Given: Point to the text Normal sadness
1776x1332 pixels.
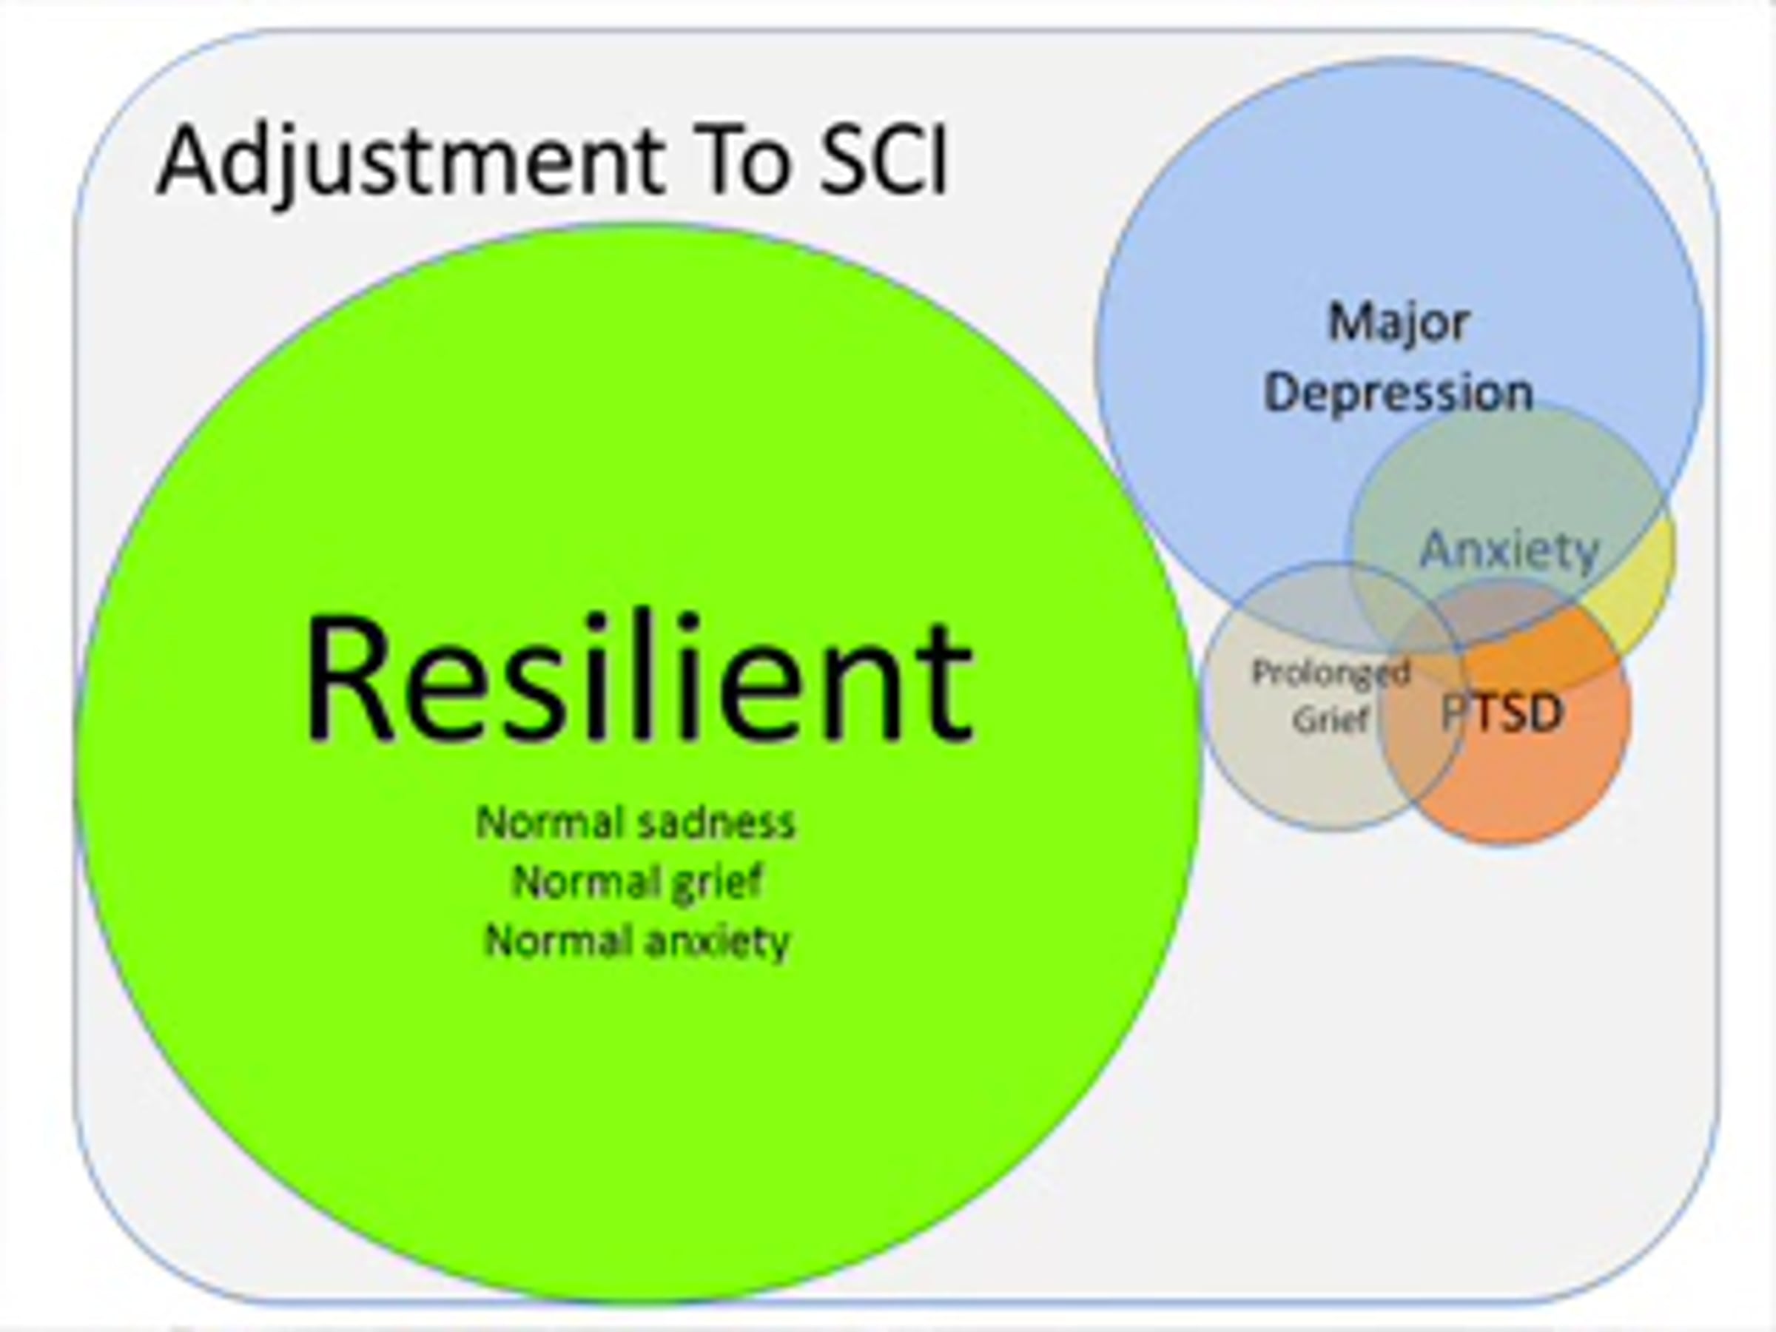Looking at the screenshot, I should pos(635,823).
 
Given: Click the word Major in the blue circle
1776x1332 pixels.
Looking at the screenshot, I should pos(1398,323).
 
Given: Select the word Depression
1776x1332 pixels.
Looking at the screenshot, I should pos(1398,394).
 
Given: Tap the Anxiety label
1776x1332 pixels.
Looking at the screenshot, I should pos(1510,551).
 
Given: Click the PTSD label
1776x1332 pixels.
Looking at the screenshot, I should pos(1502,712).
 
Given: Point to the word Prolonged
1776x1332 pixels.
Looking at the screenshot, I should pos(1331,673).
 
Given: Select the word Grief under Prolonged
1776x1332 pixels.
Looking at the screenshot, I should pos(1330,719).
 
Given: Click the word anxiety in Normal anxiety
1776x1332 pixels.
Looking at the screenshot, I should pos(717,941).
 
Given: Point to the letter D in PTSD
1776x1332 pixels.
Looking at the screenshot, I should pos(1546,712).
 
